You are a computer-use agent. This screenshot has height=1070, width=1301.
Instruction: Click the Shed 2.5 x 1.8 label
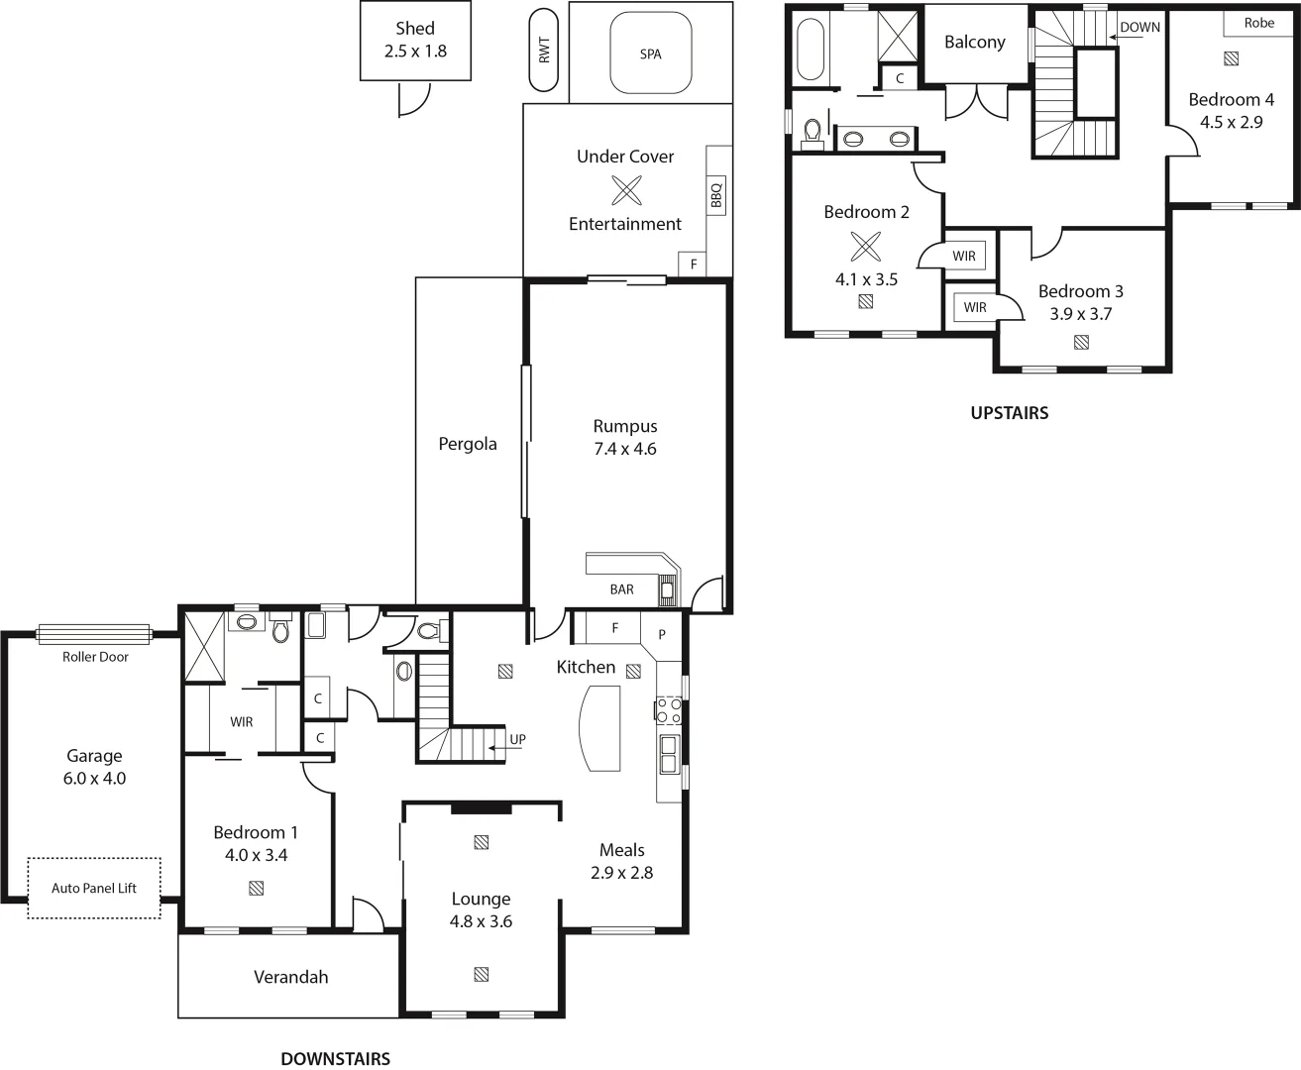[x=415, y=40]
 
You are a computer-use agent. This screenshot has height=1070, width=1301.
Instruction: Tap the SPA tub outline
[x=650, y=53]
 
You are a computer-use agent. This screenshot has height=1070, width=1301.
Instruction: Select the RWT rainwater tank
[x=544, y=51]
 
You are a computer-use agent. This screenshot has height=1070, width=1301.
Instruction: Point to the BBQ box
[x=717, y=195]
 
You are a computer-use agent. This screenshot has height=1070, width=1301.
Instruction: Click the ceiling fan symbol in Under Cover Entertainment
[x=626, y=189]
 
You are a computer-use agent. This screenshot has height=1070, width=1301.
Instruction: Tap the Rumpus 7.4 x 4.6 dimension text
[x=625, y=448]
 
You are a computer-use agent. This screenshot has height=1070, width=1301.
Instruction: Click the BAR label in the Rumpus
[x=621, y=589]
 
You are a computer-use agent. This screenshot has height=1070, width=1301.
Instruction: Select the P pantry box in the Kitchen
[x=662, y=634]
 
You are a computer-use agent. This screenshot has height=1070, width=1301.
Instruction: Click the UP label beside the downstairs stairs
[x=517, y=739]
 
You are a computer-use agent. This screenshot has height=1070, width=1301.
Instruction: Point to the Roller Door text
[x=95, y=657]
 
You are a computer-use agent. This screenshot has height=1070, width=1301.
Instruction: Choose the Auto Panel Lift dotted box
[x=94, y=888]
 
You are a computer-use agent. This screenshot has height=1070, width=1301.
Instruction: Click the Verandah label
[x=290, y=977]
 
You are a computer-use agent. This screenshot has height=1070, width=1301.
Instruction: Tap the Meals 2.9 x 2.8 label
[x=622, y=861]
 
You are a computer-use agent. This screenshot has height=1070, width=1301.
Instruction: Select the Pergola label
[x=468, y=444]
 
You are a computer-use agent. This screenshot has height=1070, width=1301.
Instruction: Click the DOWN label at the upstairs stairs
[x=1139, y=28]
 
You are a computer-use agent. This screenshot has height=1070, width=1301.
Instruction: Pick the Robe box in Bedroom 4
[x=1258, y=23]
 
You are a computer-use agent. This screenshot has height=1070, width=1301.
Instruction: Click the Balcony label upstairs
[x=974, y=42]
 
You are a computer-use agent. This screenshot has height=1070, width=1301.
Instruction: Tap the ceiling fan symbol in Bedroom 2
[x=865, y=245]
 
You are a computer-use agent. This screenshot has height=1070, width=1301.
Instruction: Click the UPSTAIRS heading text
[x=1009, y=413]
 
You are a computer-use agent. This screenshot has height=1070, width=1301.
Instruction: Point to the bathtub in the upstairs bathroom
[x=810, y=48]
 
